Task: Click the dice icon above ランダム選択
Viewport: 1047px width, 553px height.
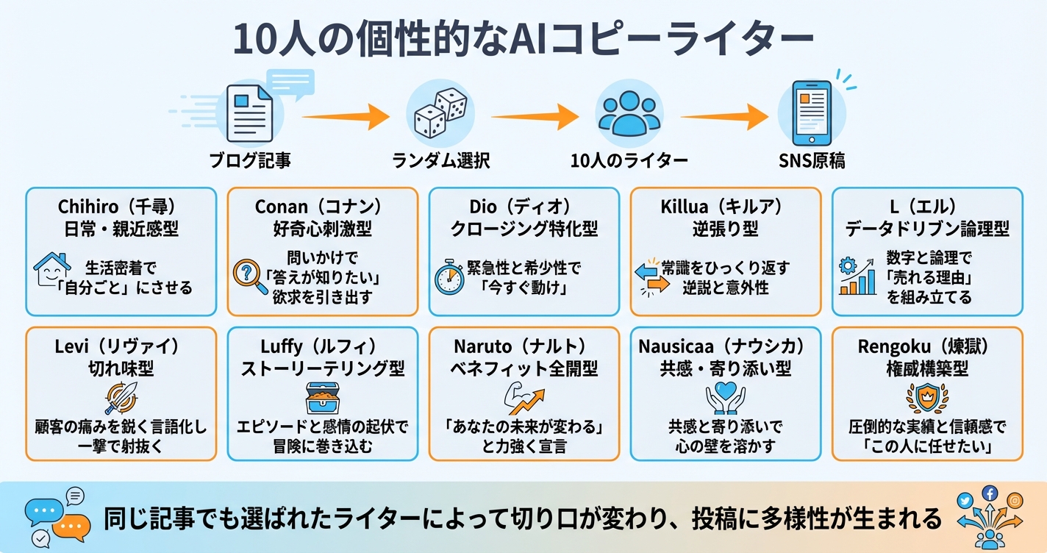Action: coord(440,114)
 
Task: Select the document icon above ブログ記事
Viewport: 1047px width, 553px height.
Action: coord(249,113)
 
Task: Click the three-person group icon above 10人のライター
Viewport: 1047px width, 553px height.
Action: coord(629,114)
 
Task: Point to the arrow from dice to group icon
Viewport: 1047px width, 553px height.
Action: coord(535,116)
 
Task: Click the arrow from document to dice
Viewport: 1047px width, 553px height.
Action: coord(345,116)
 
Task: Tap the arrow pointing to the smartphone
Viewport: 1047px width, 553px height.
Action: coord(723,116)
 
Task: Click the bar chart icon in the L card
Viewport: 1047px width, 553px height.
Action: coord(857,277)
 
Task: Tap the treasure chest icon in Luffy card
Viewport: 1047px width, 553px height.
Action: coord(322,399)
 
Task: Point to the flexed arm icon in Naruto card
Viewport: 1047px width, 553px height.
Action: coord(523,399)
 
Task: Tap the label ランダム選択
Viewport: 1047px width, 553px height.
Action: coord(440,160)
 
